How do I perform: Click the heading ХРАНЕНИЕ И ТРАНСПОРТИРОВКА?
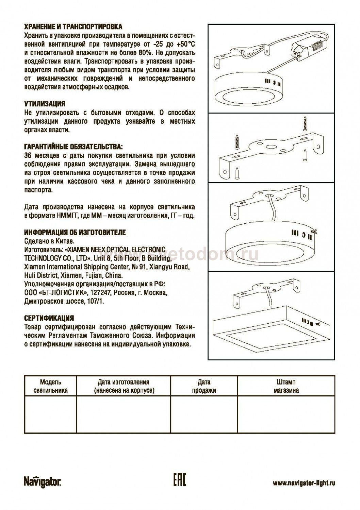point(73,27)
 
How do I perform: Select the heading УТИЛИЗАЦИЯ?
point(45,104)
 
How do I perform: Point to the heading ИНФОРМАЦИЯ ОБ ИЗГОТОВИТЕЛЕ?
point(75,233)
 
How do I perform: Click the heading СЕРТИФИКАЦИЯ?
point(49,319)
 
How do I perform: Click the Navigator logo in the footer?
point(43,482)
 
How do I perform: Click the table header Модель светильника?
point(50,386)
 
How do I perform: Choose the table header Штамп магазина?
point(286,386)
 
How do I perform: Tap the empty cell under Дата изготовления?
point(123,415)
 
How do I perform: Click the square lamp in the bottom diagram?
point(271,331)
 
